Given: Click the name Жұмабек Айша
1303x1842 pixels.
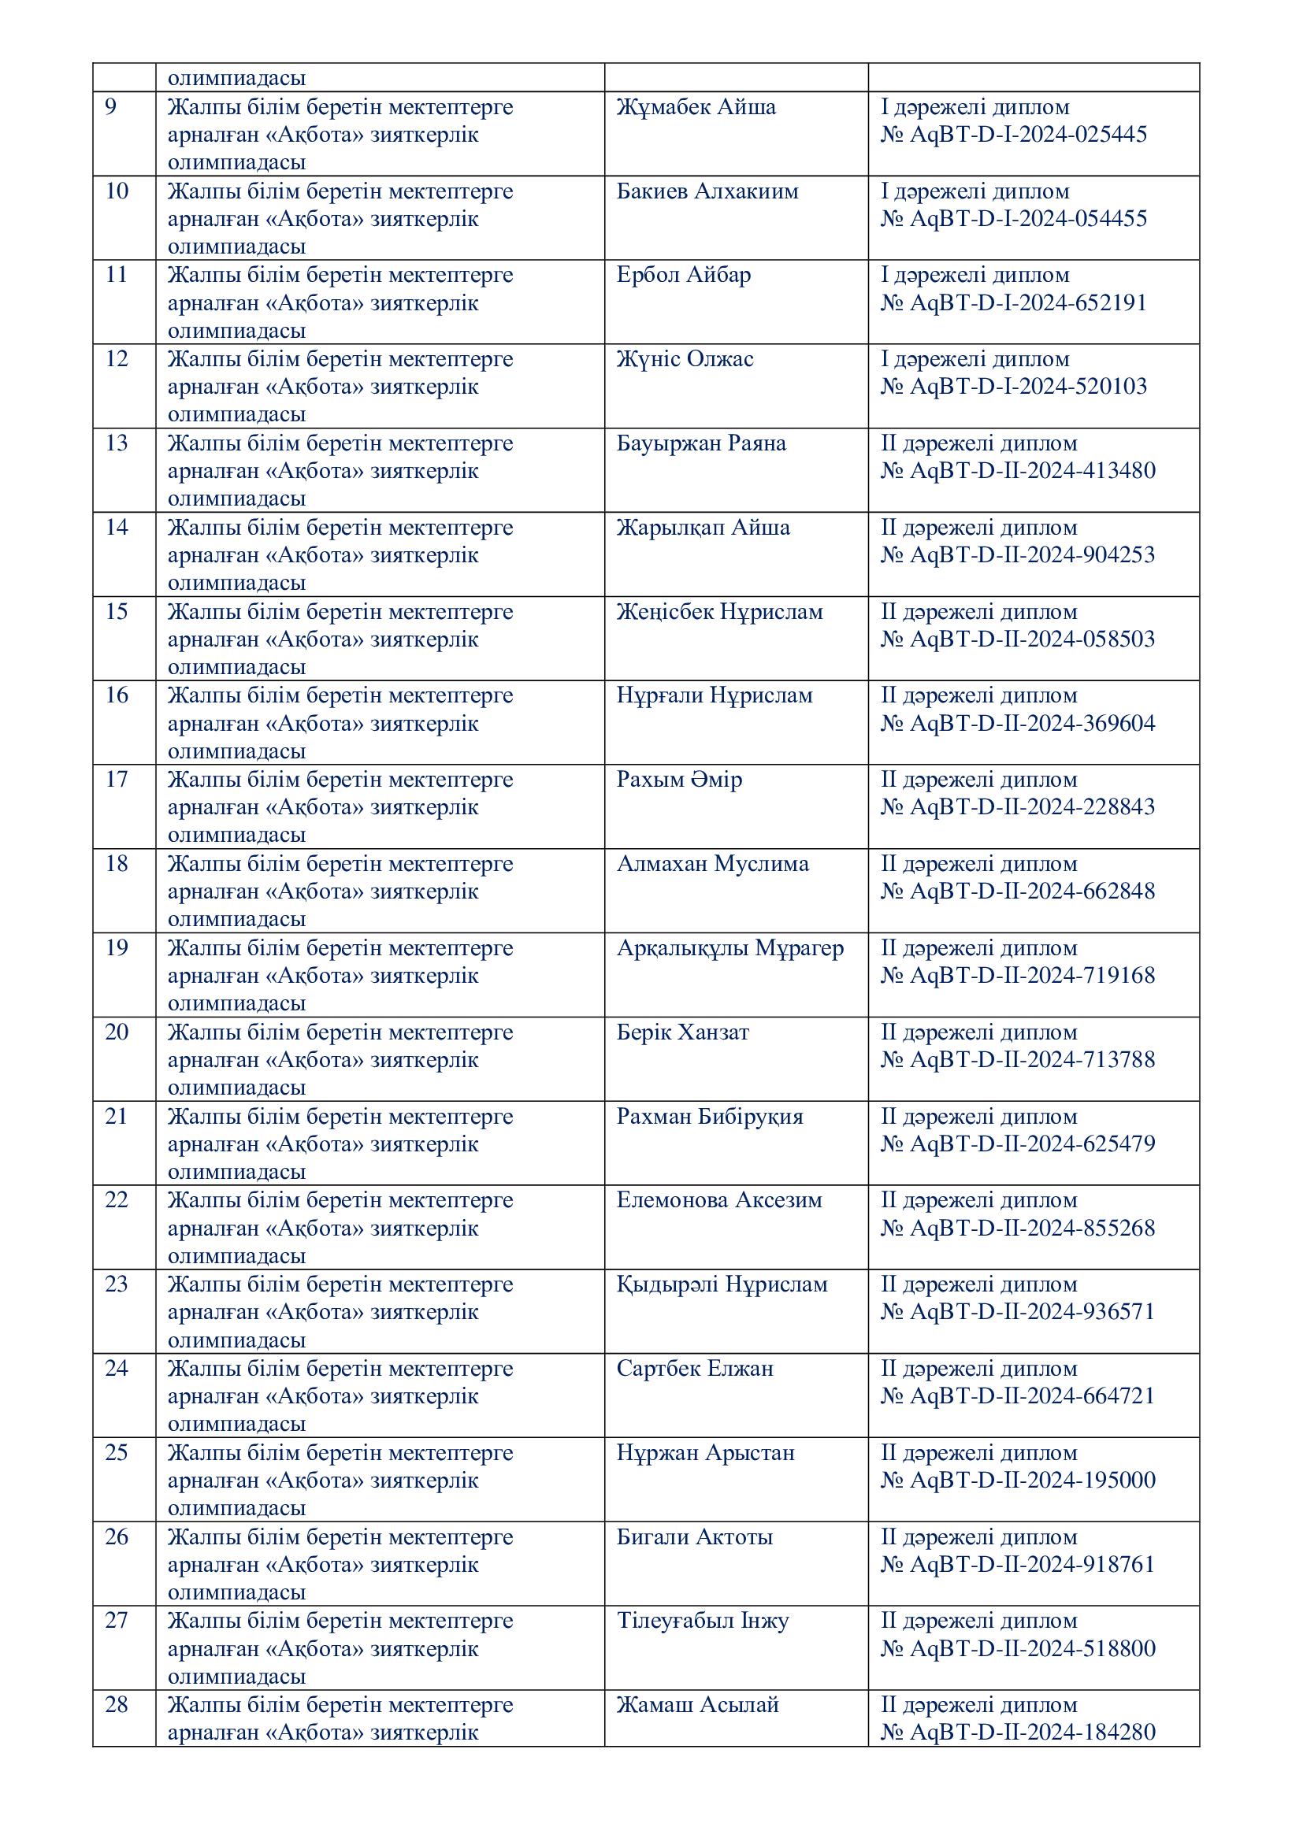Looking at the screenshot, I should [x=696, y=108].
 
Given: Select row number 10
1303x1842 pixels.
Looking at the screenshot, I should [x=117, y=191].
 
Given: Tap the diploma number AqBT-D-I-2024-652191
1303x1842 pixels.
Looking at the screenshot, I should [x=1013, y=303].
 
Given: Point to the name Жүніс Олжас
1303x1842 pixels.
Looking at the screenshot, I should [x=685, y=359].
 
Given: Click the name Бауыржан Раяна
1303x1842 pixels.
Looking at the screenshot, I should [x=700, y=443].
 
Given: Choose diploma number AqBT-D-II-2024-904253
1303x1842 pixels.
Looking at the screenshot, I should [x=1017, y=555].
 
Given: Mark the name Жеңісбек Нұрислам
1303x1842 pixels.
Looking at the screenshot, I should [x=719, y=612].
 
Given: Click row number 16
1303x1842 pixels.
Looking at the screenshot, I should [x=117, y=695].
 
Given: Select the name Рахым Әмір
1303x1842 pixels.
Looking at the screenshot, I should [x=679, y=780].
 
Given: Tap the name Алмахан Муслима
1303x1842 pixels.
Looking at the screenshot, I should [x=712, y=864].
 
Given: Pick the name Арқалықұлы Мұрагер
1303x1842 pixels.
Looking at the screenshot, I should [x=729, y=948].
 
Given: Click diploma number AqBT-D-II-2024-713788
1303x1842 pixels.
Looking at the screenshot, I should [x=1017, y=1060].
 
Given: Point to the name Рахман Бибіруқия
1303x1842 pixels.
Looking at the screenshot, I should [x=709, y=1117].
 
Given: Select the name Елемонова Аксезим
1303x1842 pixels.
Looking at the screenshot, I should [x=719, y=1200].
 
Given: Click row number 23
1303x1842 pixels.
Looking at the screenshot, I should [x=117, y=1284].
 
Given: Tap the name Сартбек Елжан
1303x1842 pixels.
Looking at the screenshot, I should [x=695, y=1369].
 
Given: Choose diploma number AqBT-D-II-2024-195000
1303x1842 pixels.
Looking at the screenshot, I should [x=1017, y=1481].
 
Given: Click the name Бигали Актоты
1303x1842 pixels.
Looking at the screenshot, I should [x=694, y=1537].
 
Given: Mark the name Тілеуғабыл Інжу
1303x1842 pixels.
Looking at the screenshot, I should [x=702, y=1621].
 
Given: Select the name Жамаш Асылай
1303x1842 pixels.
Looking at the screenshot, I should [x=697, y=1705].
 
